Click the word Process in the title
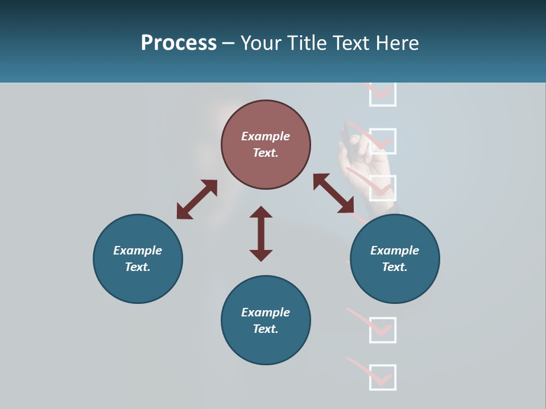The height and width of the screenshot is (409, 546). click(x=179, y=43)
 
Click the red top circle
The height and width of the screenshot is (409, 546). click(x=266, y=144)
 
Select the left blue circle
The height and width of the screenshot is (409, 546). click(x=138, y=258)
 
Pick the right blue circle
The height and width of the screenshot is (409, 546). click(x=395, y=258)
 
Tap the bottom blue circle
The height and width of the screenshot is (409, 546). click(x=266, y=320)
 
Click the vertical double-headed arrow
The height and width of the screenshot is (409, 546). click(x=261, y=233)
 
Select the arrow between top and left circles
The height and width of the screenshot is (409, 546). click(x=197, y=199)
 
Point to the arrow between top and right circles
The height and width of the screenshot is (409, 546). click(x=334, y=194)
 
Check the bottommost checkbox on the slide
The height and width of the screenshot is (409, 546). click(x=382, y=377)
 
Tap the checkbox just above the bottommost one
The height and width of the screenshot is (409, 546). click(x=382, y=330)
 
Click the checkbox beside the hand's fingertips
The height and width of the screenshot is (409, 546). click(x=382, y=141)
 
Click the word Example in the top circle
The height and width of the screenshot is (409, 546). click(x=266, y=136)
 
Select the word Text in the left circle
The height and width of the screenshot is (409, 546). click(x=138, y=267)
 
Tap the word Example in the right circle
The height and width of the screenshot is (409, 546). click(x=395, y=251)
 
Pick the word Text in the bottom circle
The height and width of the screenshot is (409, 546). click(x=266, y=329)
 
